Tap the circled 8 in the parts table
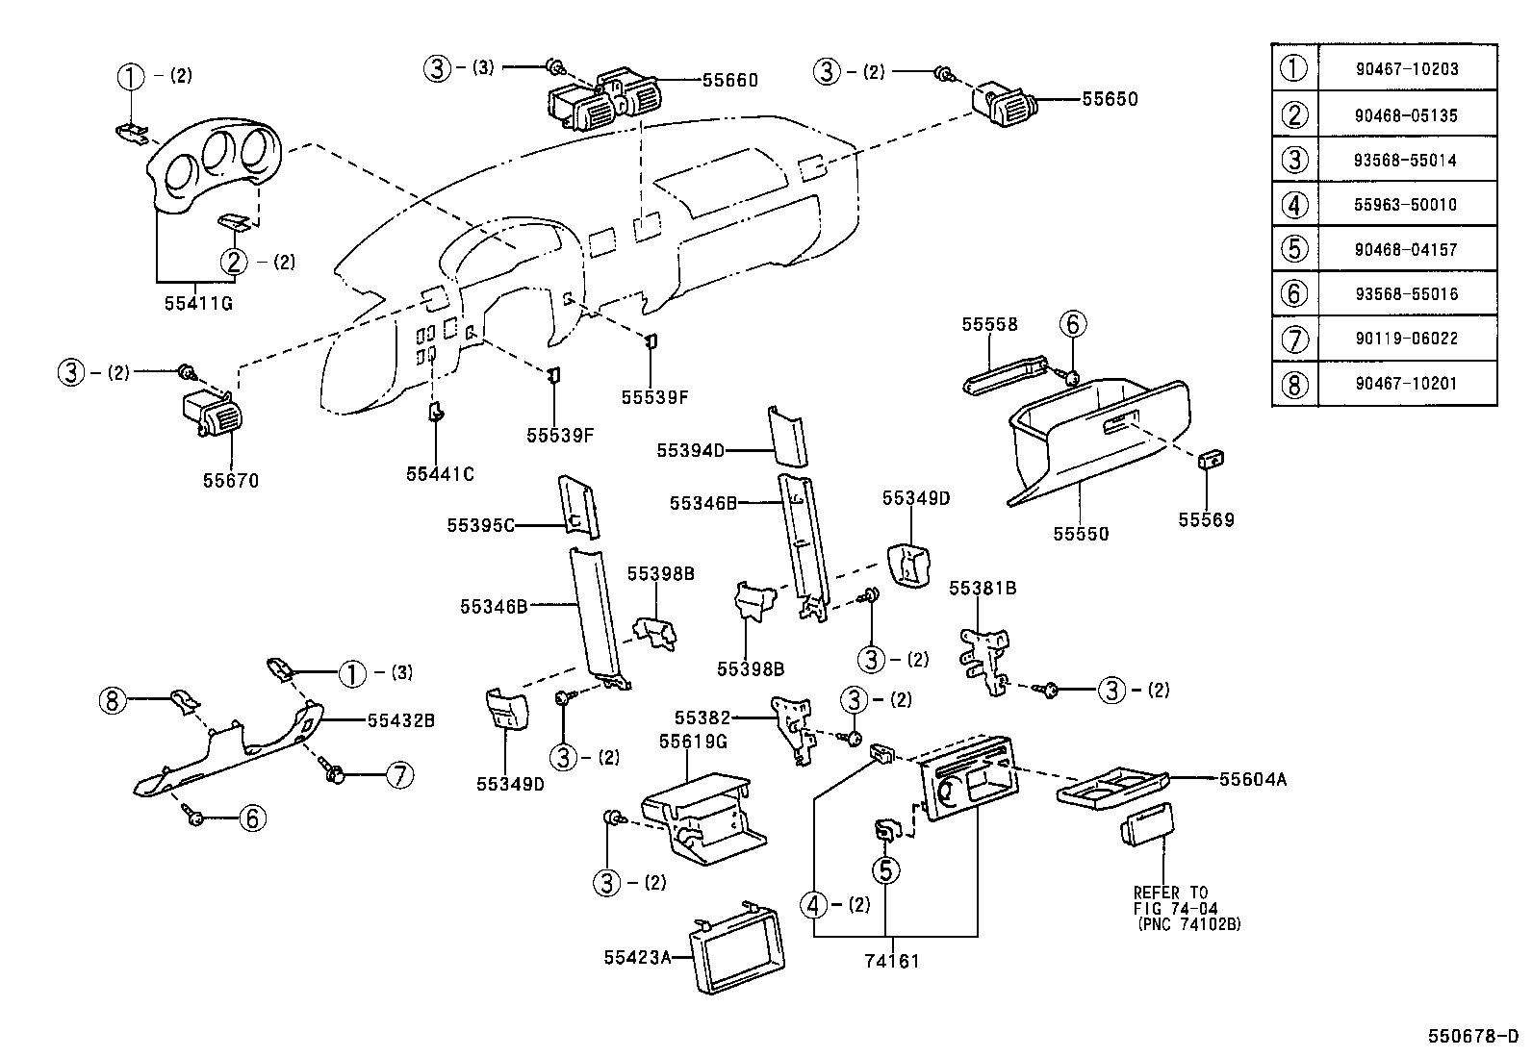coord(1294,384)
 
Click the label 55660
coord(729,81)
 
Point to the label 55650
coord(1110,99)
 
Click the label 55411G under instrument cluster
coord(198,304)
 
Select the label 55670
coord(231,481)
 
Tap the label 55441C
coord(440,474)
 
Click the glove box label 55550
coord(1081,534)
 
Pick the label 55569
coord(1206,520)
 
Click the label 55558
coord(989,325)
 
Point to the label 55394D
coord(690,450)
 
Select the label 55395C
coord(481,525)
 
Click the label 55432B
coord(401,719)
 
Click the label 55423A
coord(637,957)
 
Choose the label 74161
coord(891,960)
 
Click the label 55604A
coord(1253,779)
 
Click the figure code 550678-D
coord(1473,1036)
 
